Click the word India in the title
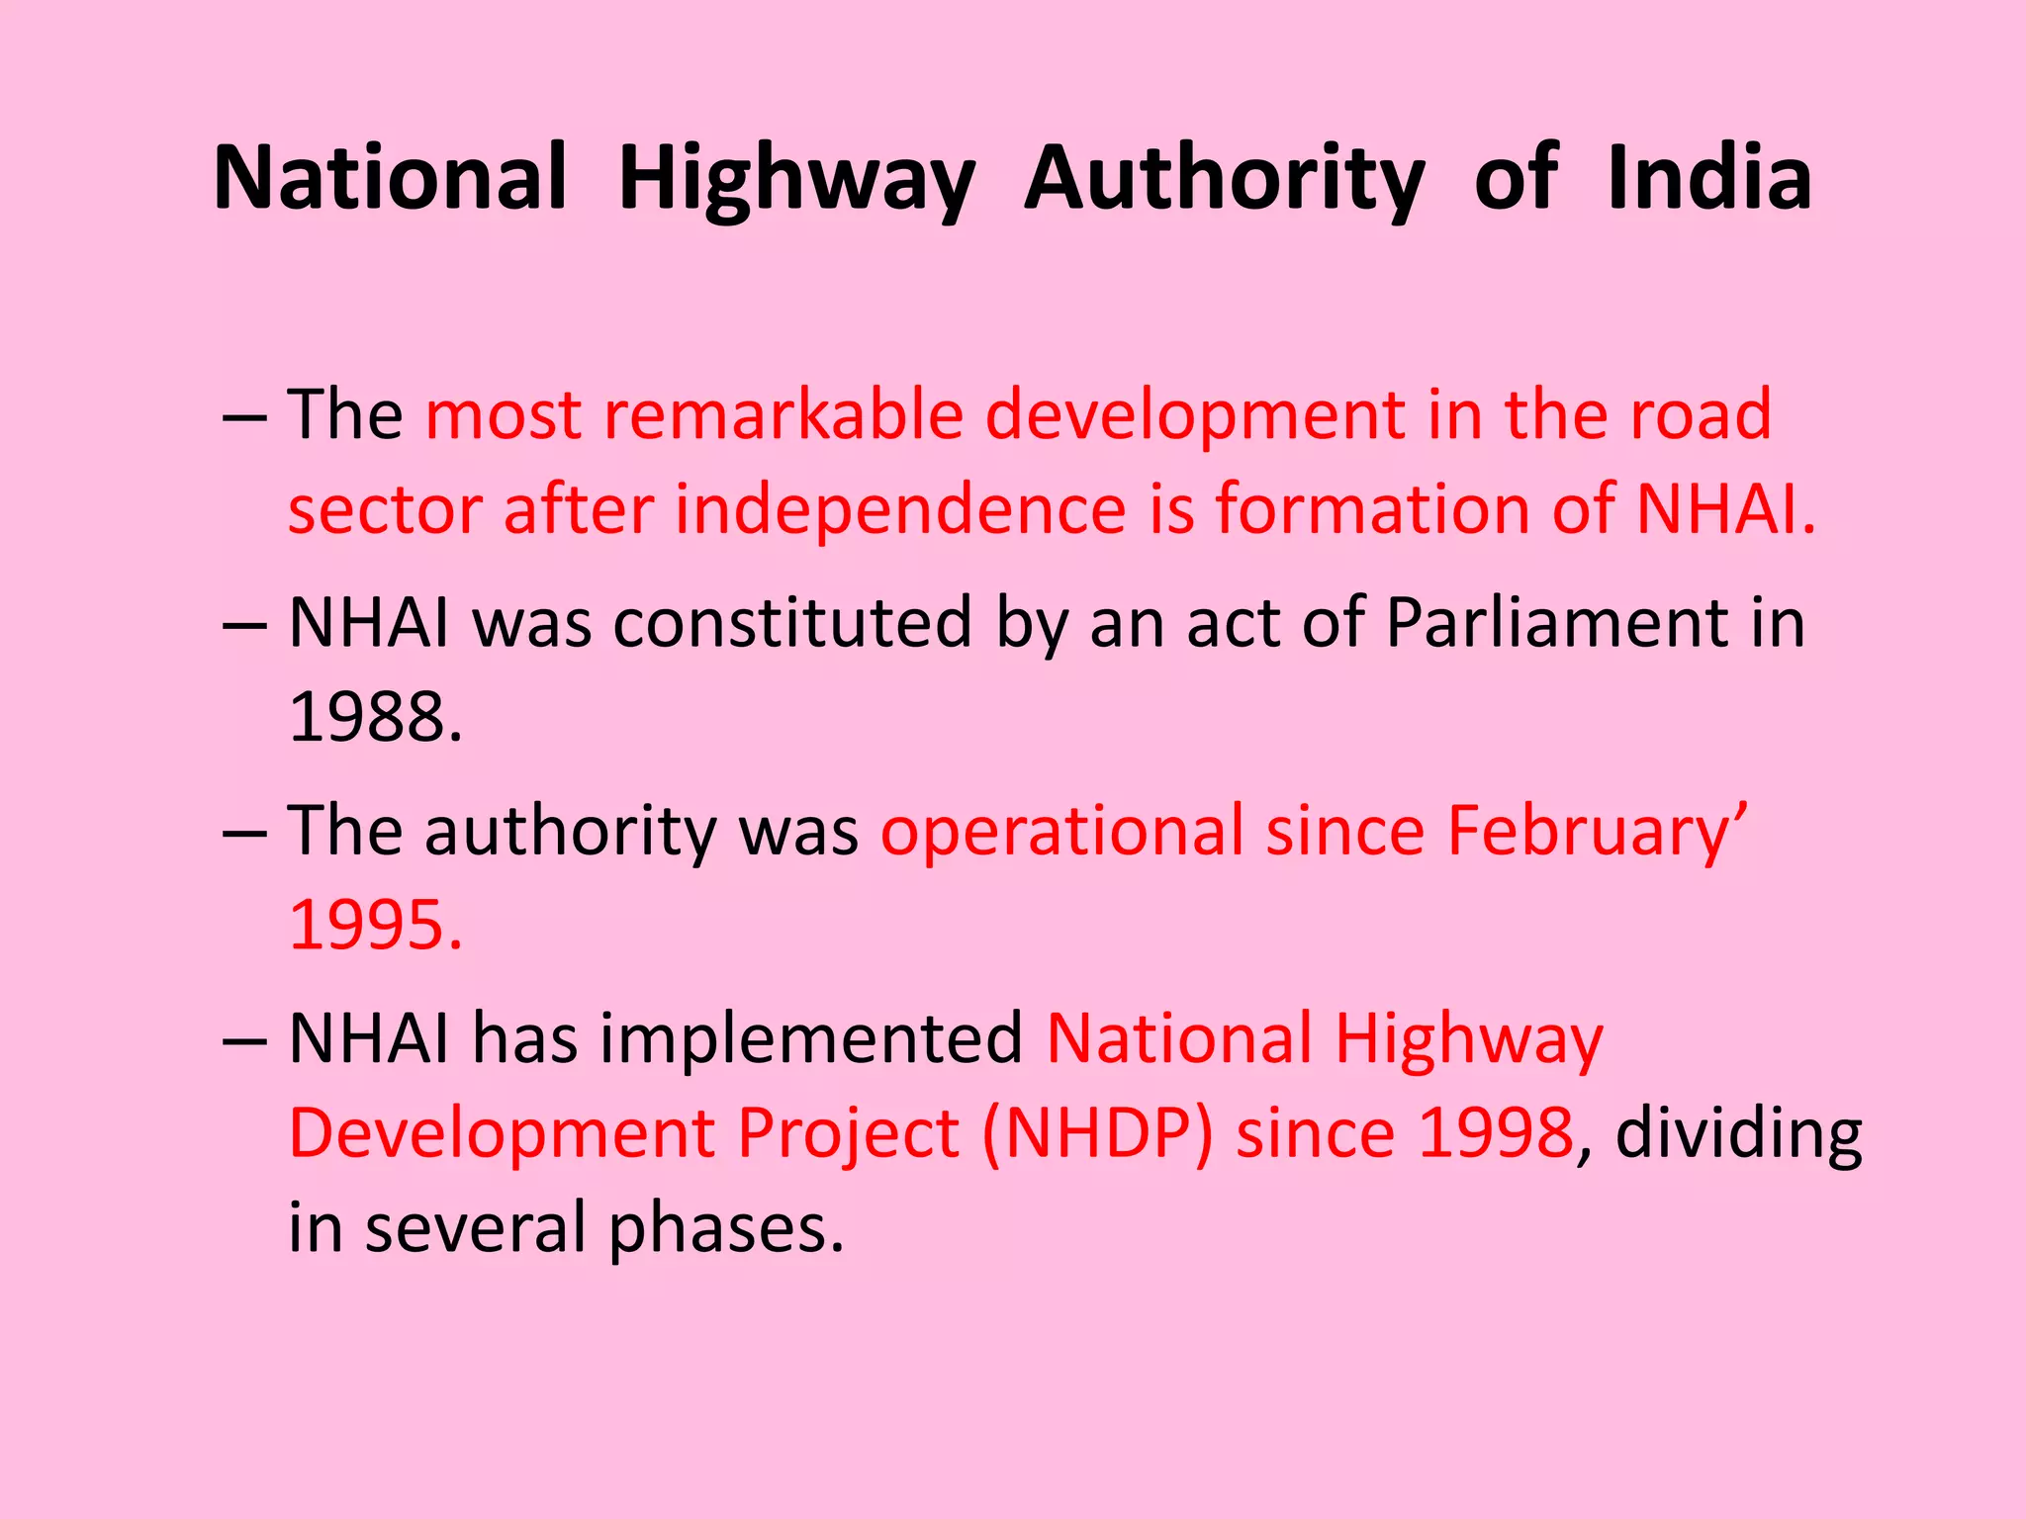click(x=1709, y=178)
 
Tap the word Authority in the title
click(x=1225, y=180)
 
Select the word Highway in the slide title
click(x=797, y=180)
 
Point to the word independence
click(x=900, y=509)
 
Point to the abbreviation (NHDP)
click(x=1098, y=1132)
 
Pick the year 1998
click(x=1495, y=1132)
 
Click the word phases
click(x=726, y=1228)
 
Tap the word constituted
click(x=792, y=623)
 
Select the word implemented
click(x=811, y=1038)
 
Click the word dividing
click(x=1738, y=1132)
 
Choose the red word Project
click(x=849, y=1132)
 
